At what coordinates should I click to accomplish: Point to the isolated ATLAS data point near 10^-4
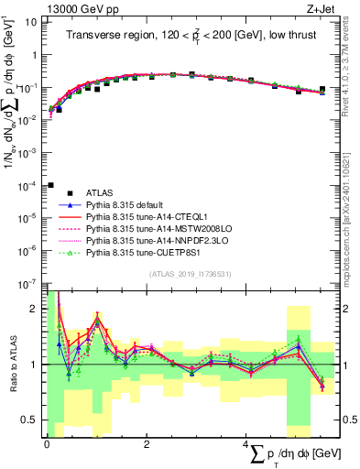click(x=50, y=185)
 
